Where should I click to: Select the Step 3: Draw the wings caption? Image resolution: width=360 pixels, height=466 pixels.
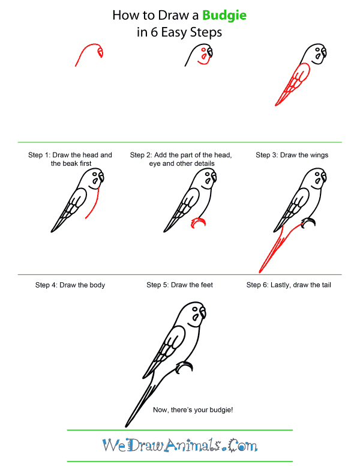point(292,155)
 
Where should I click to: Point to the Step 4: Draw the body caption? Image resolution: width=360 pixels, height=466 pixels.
point(70,285)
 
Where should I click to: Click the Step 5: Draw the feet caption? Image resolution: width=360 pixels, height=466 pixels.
point(179,285)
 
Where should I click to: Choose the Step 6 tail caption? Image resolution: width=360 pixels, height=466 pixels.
point(289,285)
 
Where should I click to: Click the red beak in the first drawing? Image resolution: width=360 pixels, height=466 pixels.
point(100,53)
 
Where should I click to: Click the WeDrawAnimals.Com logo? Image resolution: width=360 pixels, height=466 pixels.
point(179,446)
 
